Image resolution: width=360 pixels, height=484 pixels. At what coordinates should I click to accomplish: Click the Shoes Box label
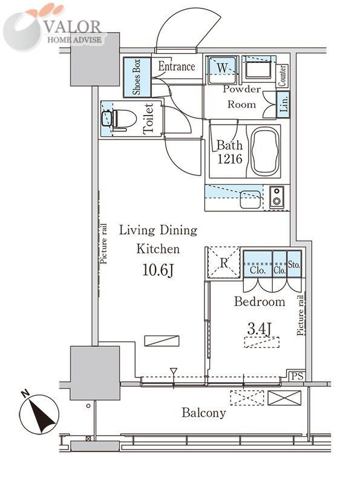click(137, 77)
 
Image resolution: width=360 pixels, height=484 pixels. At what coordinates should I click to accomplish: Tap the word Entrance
click(177, 66)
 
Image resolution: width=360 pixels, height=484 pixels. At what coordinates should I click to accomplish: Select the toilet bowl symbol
click(119, 119)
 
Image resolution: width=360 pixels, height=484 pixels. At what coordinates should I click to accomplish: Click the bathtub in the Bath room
click(265, 152)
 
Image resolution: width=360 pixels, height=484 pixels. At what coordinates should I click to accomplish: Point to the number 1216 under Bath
click(230, 159)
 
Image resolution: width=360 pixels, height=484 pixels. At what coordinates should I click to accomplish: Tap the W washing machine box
click(222, 70)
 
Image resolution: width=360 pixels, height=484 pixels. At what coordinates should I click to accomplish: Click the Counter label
click(282, 76)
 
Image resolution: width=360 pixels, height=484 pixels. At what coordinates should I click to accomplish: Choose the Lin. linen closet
click(283, 104)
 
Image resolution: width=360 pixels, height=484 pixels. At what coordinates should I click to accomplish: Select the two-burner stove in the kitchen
click(277, 197)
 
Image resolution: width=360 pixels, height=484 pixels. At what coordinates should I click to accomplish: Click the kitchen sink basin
click(250, 199)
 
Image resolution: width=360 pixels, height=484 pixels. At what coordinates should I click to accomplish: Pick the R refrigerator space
click(224, 263)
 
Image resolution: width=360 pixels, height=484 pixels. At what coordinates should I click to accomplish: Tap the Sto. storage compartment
click(294, 264)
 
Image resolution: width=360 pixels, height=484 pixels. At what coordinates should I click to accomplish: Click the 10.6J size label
click(158, 270)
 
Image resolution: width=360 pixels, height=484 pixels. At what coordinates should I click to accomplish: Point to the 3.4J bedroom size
click(260, 329)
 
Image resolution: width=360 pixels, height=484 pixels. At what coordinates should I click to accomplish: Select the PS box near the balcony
click(297, 376)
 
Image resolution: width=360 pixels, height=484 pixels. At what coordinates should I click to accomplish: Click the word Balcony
click(203, 413)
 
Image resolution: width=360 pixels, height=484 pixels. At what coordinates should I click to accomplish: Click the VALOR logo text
click(72, 27)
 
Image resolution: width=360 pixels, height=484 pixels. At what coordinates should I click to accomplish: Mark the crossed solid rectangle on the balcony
click(284, 397)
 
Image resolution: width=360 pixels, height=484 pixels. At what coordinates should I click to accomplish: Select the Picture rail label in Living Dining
click(103, 244)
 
